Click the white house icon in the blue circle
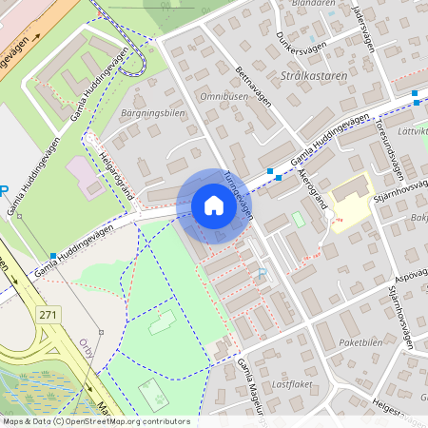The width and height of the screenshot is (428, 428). pyautogui.click(x=214, y=205)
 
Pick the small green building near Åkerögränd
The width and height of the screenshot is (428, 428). pyautogui.click(x=298, y=219)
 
